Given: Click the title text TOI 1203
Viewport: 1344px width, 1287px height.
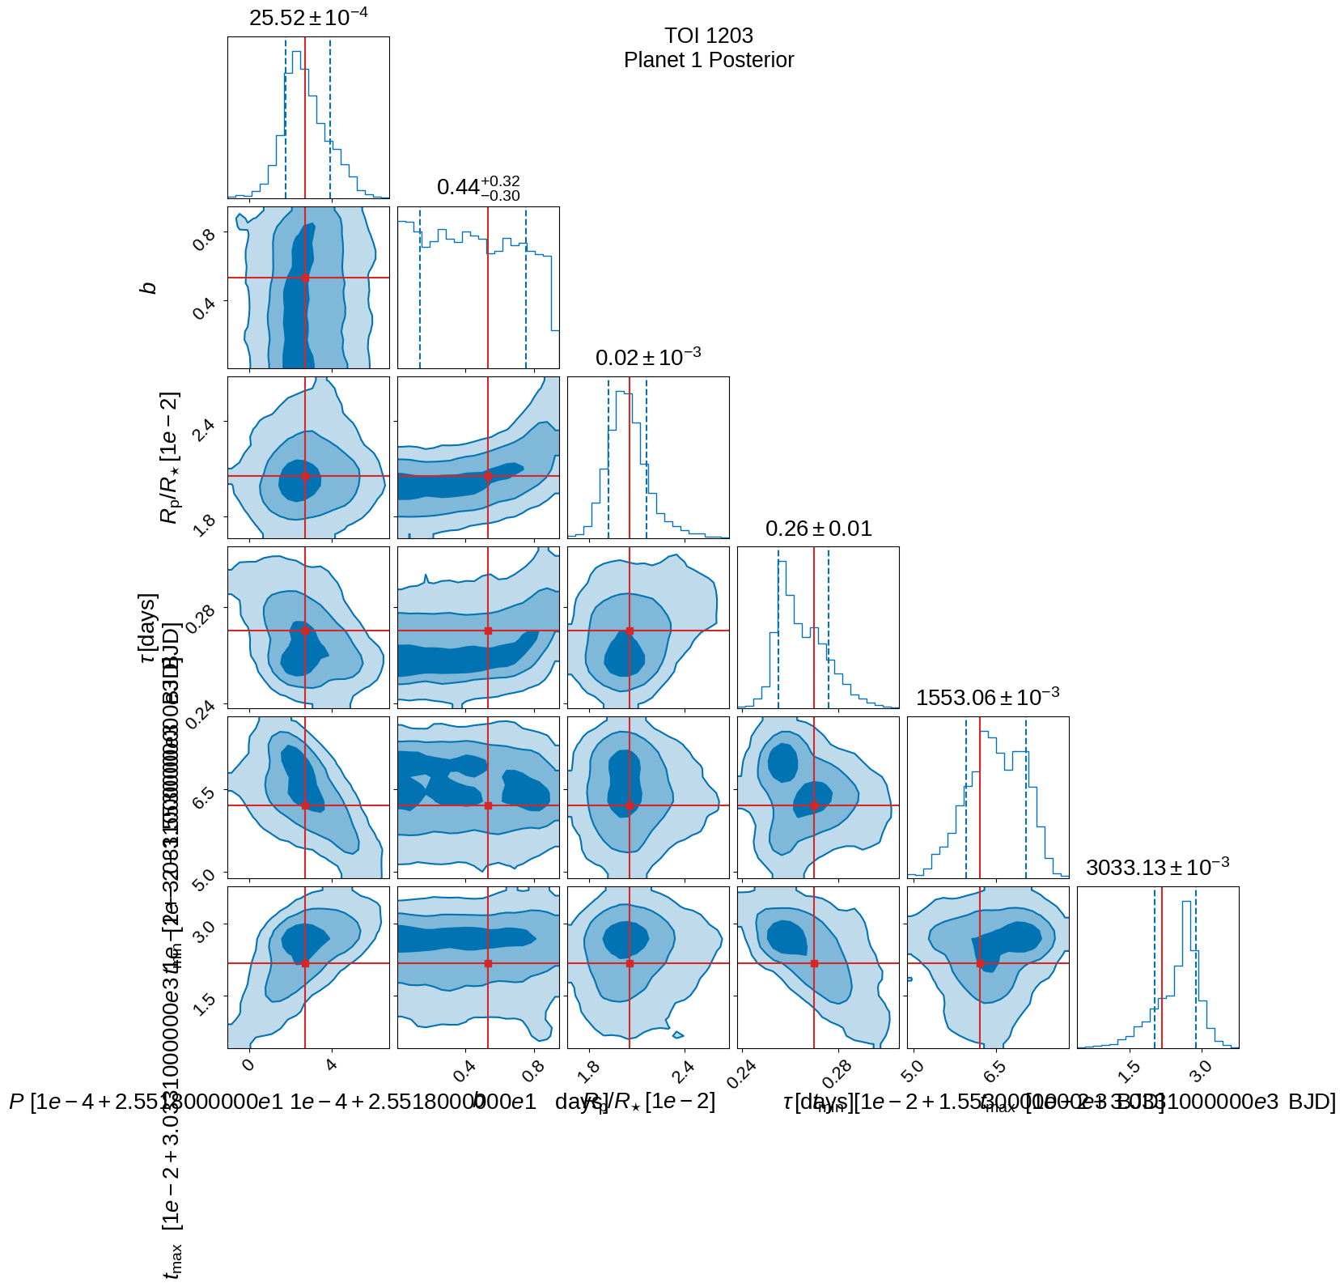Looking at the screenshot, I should (708, 36).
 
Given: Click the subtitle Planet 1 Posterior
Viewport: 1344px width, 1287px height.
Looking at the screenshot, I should (708, 60).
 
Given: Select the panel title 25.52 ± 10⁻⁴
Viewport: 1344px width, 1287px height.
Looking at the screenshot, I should (307, 17).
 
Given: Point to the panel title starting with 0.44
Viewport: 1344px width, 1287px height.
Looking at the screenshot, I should (477, 187).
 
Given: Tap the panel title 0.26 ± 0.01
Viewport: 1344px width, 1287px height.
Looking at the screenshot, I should (818, 529).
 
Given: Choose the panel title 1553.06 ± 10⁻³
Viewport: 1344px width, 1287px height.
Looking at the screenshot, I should (987, 698).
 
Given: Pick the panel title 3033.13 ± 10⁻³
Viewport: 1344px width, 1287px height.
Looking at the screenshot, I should (1157, 868).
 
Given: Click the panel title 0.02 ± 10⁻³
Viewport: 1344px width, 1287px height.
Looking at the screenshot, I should (647, 358).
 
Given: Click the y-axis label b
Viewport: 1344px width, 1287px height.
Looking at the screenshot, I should (149, 287).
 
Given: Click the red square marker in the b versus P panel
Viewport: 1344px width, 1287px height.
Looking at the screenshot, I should (305, 278).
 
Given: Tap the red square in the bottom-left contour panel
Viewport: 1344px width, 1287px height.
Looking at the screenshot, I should (305, 963).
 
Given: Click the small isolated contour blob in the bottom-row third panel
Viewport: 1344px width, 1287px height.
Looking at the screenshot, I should (678, 1034).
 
